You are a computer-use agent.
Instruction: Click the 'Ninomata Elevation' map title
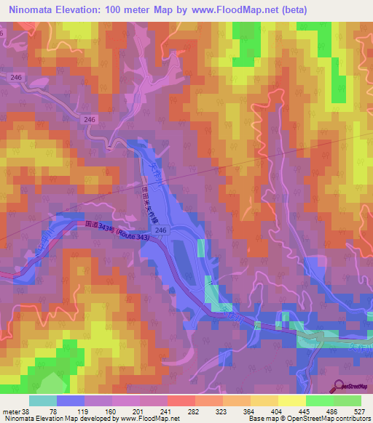tap(55, 9)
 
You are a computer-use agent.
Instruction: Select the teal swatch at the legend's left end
tap(43, 401)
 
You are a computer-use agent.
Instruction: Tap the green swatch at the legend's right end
tap(348, 401)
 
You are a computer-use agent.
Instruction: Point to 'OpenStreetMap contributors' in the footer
tap(331, 419)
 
